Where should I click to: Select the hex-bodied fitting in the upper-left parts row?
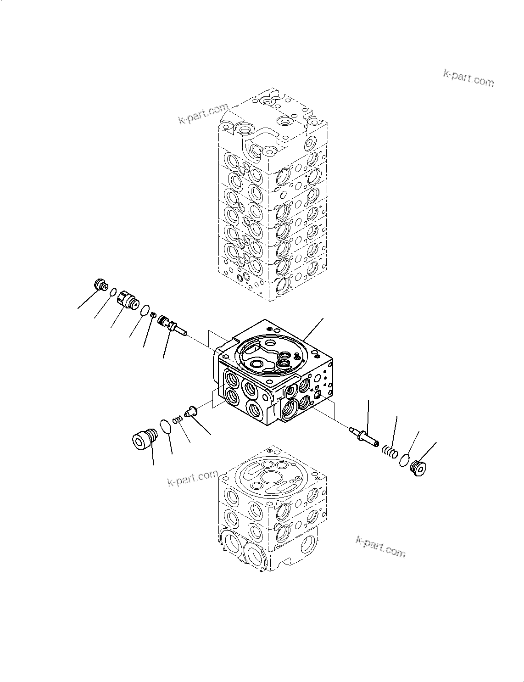pos(128,300)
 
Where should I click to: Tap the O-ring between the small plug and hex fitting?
pos(112,292)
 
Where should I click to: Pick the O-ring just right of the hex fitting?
pos(145,310)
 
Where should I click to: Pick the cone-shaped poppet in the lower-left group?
pos(190,413)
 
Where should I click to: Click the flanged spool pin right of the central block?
pos(363,435)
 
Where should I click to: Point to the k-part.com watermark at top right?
pos(468,78)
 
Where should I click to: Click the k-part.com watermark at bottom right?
pos(381,547)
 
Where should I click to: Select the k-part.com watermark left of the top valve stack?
pos(203,114)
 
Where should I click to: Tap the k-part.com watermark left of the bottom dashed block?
pos(193,478)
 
